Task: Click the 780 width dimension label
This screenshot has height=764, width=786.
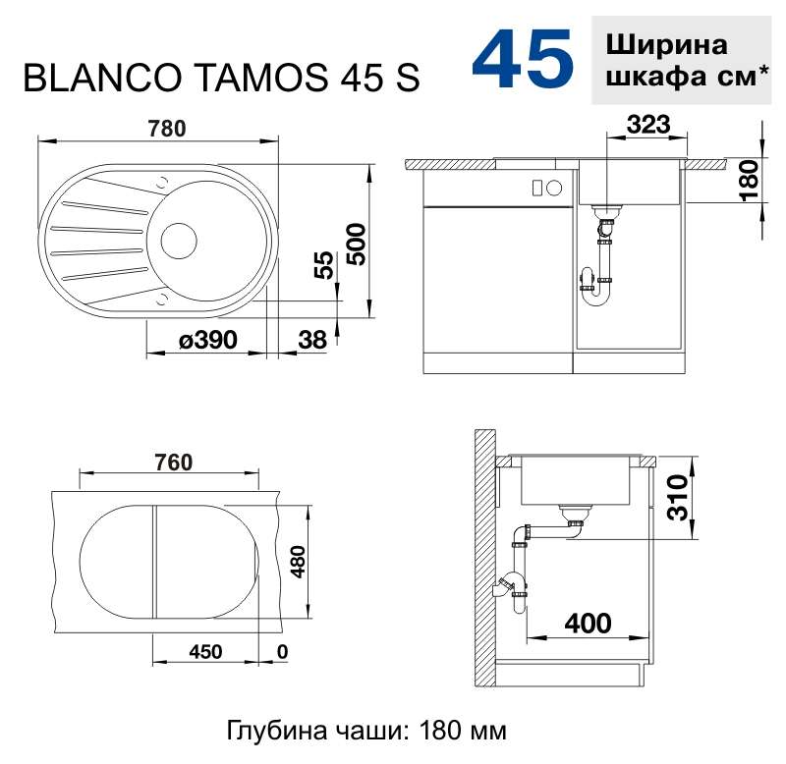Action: (x=167, y=129)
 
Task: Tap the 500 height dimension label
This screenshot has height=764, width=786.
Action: (x=358, y=244)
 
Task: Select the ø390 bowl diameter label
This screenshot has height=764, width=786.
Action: (x=208, y=340)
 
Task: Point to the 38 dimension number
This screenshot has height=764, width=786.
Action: (x=312, y=340)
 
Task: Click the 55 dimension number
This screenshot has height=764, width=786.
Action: (x=324, y=264)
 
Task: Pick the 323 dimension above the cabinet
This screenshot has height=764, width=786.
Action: (x=647, y=125)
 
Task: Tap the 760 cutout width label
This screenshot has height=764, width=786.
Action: (x=174, y=462)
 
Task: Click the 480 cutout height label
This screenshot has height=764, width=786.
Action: (x=298, y=562)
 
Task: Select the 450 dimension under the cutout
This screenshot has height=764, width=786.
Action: (x=205, y=652)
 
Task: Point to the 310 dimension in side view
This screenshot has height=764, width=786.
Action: (x=677, y=498)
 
